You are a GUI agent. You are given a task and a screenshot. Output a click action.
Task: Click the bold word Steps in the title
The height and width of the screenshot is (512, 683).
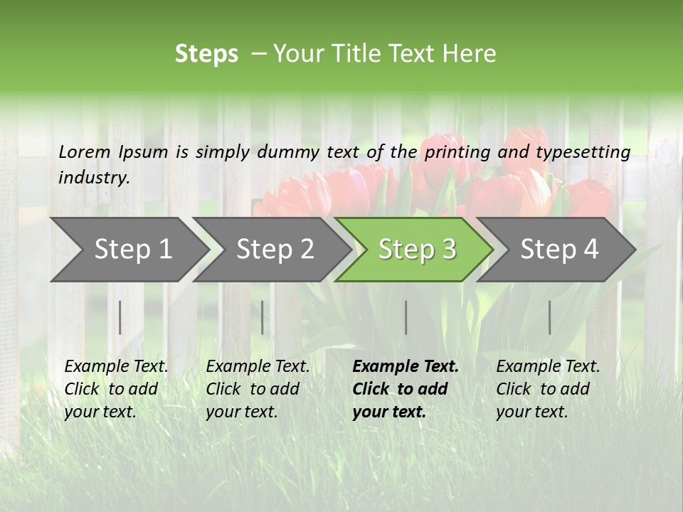coord(206,54)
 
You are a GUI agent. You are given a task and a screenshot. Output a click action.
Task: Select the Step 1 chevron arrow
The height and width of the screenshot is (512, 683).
coord(132,250)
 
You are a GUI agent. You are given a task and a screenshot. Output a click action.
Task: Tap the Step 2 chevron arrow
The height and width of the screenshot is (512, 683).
coord(275,250)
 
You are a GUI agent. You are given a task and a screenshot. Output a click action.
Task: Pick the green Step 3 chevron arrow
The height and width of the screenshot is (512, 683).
coord(417,250)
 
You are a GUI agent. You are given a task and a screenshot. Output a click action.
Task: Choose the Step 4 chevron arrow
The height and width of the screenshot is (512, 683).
coord(559,250)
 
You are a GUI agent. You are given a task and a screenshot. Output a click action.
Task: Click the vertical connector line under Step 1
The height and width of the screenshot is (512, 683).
coord(120,317)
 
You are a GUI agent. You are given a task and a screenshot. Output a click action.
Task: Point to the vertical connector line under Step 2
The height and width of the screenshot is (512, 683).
coord(263,317)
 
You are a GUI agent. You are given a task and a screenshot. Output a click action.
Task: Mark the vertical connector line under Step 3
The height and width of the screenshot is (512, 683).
coord(406,317)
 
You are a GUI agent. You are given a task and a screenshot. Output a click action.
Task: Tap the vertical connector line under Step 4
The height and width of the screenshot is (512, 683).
coord(550,317)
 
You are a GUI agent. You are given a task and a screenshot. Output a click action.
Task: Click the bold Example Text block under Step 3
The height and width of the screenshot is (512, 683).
coord(405,389)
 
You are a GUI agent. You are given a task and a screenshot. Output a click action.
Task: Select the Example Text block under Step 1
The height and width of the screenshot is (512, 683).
coord(116,389)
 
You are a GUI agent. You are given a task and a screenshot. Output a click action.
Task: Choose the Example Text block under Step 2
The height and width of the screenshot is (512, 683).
coord(258,389)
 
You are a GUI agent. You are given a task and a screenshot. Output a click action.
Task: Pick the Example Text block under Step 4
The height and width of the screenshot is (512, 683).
coord(548,389)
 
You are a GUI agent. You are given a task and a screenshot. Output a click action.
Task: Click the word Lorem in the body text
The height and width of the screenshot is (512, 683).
coord(84,151)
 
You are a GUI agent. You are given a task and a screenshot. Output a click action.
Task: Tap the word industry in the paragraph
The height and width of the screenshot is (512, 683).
coord(93,178)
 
